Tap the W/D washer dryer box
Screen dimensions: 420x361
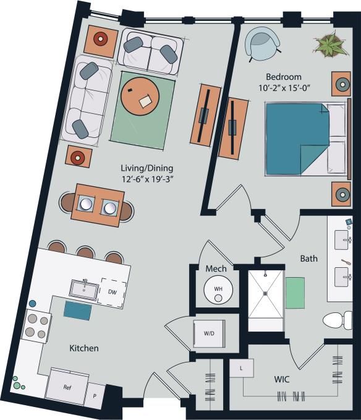tap(208, 333)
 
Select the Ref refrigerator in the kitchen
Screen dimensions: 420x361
tap(67, 387)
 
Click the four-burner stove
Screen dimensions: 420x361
tap(36, 327)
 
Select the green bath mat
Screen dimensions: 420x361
tap(295, 293)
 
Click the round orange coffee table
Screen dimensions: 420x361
tap(140, 97)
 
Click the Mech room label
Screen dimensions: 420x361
tap(216, 269)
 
